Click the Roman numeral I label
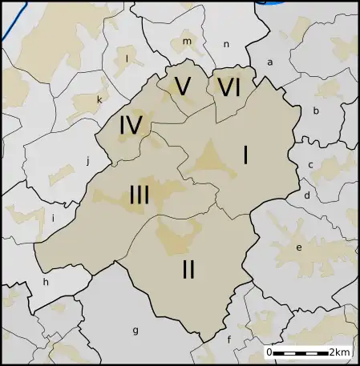tap(245, 155)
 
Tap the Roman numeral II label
tap(188, 270)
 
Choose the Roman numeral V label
tap(182, 87)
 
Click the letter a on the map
tap(270, 62)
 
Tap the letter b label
tap(317, 111)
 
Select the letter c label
tap(310, 165)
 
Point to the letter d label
tap(306, 195)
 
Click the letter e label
tap(299, 247)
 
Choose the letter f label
tap(229, 339)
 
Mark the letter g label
tap(135, 329)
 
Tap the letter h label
tap(46, 282)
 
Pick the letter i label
tap(53, 218)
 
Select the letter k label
tap(99, 100)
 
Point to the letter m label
tap(187, 41)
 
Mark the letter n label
tap(226, 44)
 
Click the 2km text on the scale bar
tap(340, 352)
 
